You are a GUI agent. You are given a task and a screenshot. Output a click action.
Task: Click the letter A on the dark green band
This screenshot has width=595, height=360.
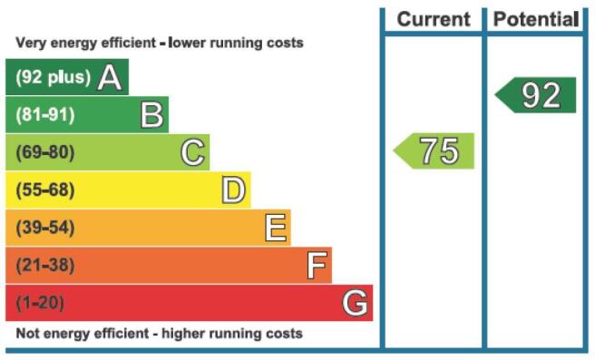tap(110, 77)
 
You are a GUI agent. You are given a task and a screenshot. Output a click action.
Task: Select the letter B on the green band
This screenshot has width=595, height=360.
tap(152, 114)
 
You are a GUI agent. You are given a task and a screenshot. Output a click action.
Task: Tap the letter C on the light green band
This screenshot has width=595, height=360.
tap(193, 152)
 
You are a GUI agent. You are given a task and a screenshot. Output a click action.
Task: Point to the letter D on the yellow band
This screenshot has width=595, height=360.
tap(233, 190)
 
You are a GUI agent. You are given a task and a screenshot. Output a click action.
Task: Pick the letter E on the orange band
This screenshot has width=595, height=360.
tap(276, 228)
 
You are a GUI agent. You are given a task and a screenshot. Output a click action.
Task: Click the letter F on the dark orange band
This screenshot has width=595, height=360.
tap(317, 265)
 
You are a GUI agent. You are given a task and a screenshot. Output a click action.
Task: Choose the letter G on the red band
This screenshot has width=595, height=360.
tap(356, 303)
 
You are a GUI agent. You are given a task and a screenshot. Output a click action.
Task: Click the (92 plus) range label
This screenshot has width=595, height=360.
tap(54, 77)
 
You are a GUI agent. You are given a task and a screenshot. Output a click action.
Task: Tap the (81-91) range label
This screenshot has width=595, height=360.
tap(45, 115)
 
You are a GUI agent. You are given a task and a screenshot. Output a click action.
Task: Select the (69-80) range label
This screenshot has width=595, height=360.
tap(45, 152)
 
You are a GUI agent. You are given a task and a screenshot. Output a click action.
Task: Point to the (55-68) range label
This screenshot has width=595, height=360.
tap(45, 190)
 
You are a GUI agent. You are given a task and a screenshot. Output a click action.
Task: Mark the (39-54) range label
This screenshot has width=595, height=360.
tap(45, 228)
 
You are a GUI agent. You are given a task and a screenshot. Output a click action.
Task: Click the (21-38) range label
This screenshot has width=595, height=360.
tap(45, 265)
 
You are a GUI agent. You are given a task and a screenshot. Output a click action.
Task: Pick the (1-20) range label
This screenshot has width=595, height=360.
tap(40, 303)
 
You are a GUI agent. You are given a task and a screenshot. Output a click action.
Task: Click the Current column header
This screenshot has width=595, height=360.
tap(434, 19)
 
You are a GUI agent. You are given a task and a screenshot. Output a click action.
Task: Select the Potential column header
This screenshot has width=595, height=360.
tap(536, 19)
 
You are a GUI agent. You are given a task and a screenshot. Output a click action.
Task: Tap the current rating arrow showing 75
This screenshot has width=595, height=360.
tap(434, 151)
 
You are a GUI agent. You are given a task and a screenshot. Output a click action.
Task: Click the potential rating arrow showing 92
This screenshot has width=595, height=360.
tap(535, 95)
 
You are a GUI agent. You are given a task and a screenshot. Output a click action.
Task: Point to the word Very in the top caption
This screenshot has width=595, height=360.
tap(31, 43)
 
